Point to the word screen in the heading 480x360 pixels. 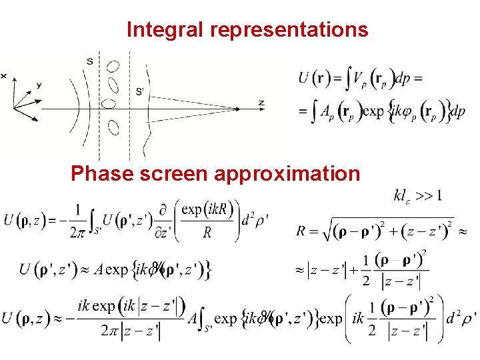pos(173,174)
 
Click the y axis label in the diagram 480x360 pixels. pos(39,85)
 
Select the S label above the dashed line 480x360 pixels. pos(89,62)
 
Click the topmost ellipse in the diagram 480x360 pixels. pos(113,67)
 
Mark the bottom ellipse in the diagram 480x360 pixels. pos(113,127)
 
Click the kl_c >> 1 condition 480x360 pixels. pos(418,196)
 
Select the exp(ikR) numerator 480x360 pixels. pos(207,210)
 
